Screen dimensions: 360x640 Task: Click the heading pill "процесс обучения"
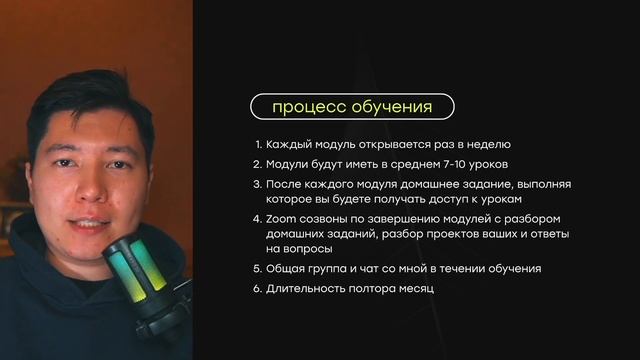click(x=352, y=106)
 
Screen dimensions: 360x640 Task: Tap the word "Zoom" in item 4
click(x=283, y=219)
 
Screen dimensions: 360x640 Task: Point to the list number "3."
click(x=257, y=185)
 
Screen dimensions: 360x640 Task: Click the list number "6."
click(x=257, y=289)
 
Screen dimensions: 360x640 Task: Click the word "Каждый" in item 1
click(x=287, y=144)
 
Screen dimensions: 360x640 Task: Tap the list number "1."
click(x=257, y=144)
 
